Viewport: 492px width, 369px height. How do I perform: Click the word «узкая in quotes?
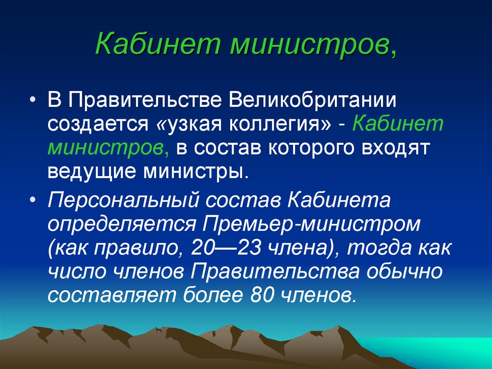coord(184,124)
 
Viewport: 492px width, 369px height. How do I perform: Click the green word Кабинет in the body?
coord(397,124)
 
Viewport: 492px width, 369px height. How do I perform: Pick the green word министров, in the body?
coord(108,148)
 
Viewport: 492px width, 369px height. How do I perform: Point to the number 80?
coord(261,294)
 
